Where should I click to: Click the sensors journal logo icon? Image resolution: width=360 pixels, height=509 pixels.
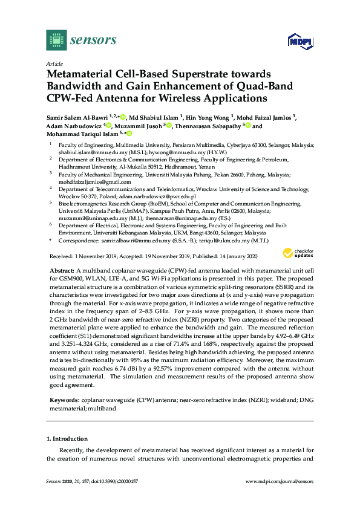[x=55, y=41]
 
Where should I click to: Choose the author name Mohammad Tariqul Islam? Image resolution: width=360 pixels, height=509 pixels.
[x=80, y=135]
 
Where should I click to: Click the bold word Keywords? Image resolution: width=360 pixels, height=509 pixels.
[x=61, y=401]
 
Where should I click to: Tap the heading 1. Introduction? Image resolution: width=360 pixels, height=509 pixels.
[x=67, y=438]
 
